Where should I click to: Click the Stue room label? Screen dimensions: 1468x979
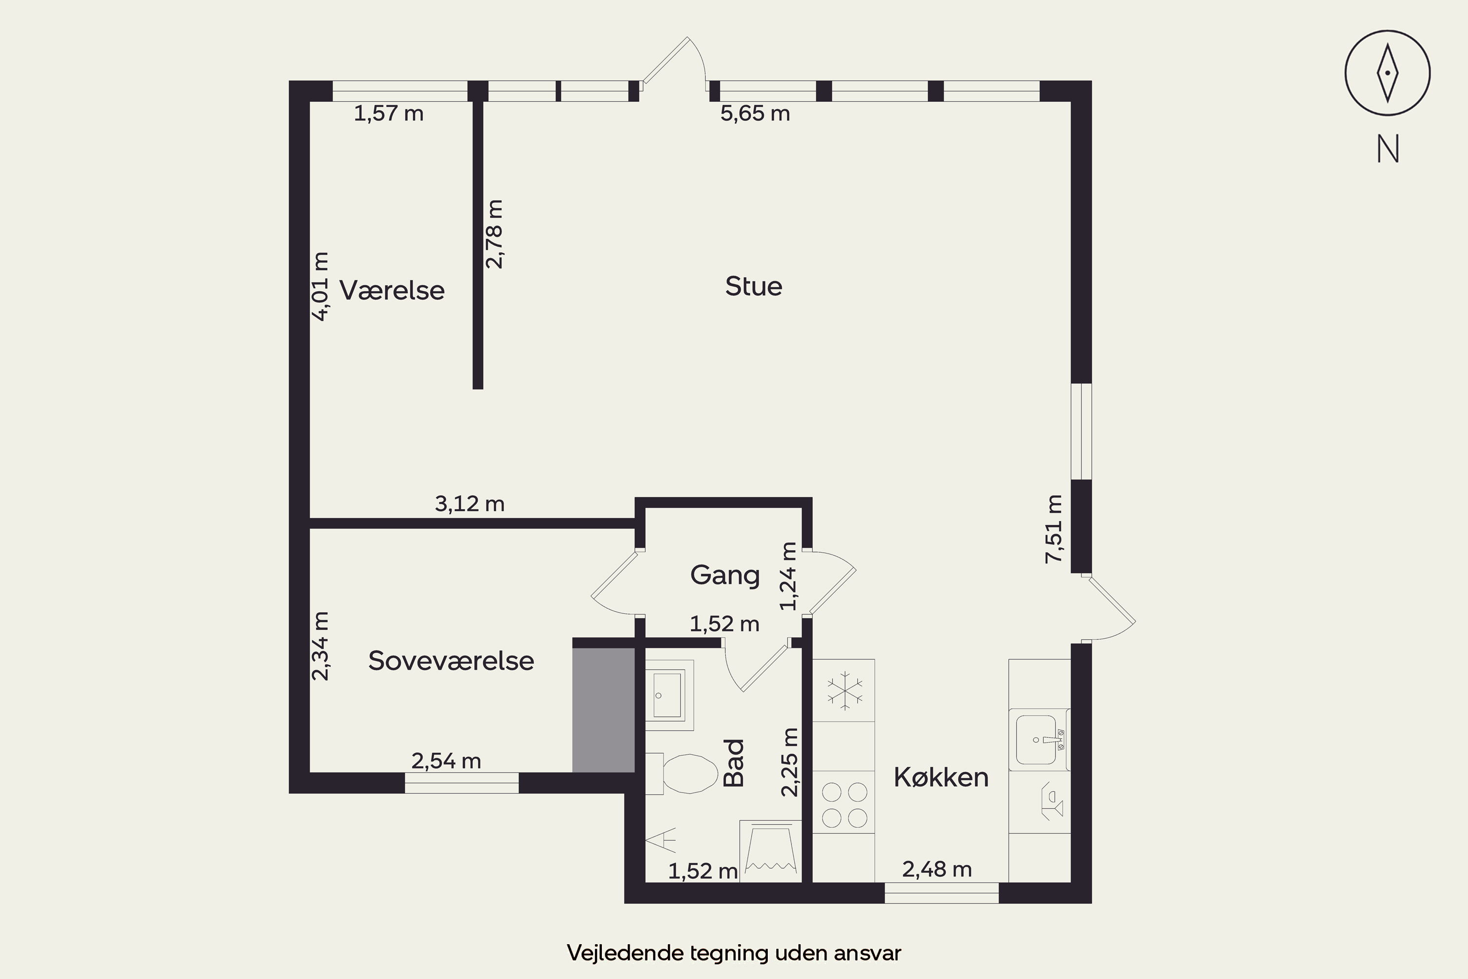tap(754, 286)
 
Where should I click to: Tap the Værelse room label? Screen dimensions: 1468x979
tap(392, 290)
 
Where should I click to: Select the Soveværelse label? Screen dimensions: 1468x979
tap(451, 660)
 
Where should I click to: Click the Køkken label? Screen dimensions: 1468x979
tap(941, 777)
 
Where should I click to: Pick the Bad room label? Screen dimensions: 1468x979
tap(734, 763)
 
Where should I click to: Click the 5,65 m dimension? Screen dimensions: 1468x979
tap(755, 114)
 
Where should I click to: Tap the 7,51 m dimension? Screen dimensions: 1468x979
tap(1054, 529)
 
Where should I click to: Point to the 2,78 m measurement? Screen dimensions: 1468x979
tap(494, 234)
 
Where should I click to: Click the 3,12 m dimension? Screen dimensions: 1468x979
tap(469, 503)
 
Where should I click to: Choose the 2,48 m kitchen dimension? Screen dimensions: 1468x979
tap(937, 869)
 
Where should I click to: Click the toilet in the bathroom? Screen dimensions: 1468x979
tap(682, 773)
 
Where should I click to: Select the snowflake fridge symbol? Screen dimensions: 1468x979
tap(845, 691)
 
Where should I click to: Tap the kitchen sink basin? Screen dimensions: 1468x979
tap(1036, 740)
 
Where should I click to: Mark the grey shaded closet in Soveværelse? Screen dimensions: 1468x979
tap(603, 710)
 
